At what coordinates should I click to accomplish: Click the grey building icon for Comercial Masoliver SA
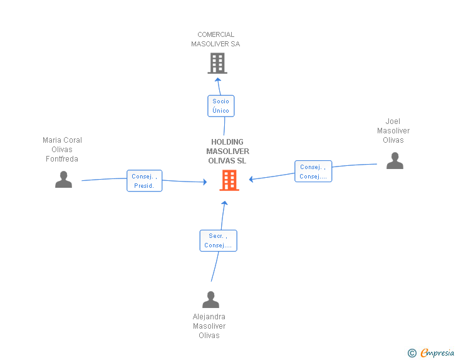pyautogui.click(x=217, y=63)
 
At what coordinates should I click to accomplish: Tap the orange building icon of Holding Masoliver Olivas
pyautogui.click(x=229, y=180)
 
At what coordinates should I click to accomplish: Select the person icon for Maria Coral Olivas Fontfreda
pyautogui.click(x=63, y=180)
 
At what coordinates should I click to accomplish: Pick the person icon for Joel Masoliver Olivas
pyautogui.click(x=395, y=161)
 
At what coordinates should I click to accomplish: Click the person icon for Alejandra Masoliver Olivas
pyautogui.click(x=210, y=300)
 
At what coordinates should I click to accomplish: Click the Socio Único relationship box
pyautogui.click(x=220, y=106)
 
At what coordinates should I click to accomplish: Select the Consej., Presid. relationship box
pyautogui.click(x=144, y=181)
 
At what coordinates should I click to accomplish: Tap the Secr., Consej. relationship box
pyautogui.click(x=218, y=241)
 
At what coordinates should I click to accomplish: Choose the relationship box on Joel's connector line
pyautogui.click(x=313, y=172)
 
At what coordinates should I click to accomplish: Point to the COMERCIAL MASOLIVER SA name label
pyautogui.click(x=215, y=39)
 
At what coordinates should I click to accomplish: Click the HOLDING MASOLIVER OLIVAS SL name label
pyautogui.click(x=227, y=152)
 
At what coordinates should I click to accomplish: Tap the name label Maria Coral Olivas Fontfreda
pyautogui.click(x=62, y=150)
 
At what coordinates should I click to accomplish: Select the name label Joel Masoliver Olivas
pyautogui.click(x=393, y=131)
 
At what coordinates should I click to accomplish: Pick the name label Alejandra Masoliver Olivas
pyautogui.click(x=209, y=326)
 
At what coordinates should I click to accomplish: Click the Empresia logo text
pyautogui.click(x=437, y=352)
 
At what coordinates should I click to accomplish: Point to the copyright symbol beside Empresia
pyautogui.click(x=412, y=353)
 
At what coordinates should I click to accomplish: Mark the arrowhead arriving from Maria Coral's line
pyautogui.click(x=204, y=182)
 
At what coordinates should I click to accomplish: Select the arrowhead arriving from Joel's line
pyautogui.click(x=251, y=180)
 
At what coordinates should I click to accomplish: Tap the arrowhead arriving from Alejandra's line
pyautogui.click(x=224, y=202)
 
